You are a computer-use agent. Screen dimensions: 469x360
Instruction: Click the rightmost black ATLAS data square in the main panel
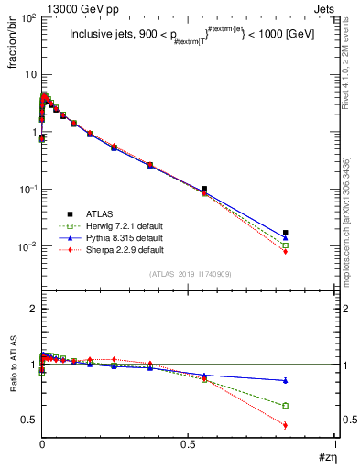click(x=286, y=233)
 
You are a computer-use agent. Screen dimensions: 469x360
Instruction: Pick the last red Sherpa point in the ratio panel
click(x=286, y=425)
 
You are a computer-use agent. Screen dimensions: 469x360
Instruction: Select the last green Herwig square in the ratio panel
click(x=286, y=406)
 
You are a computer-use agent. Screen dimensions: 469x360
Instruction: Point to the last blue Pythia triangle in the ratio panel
click(x=286, y=380)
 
